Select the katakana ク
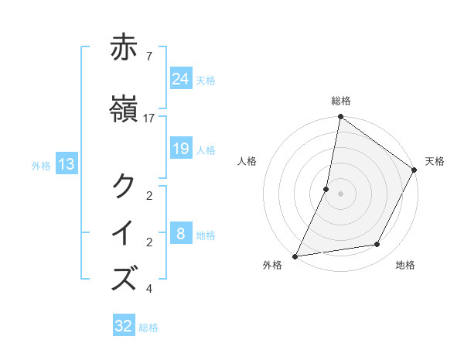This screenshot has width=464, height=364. click(x=125, y=186)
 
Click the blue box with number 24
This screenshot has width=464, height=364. click(x=180, y=79)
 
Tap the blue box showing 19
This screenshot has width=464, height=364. click(x=180, y=149)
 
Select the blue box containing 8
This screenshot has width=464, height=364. click(x=180, y=234)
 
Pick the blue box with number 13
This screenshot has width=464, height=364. click(x=66, y=164)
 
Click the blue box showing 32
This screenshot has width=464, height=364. click(x=124, y=326)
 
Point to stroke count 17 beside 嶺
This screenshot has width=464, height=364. click(x=149, y=118)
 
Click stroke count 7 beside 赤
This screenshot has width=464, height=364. click(x=148, y=56)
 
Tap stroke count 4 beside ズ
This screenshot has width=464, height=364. click(x=148, y=289)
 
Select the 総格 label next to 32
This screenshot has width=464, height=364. click(x=149, y=328)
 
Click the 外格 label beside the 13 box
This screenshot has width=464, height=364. click(x=41, y=165)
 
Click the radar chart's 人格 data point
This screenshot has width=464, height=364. click(x=326, y=189)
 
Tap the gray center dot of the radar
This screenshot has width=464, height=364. click(x=341, y=194)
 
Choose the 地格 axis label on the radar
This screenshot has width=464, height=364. click(x=405, y=265)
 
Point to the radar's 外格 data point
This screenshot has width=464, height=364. click(x=295, y=256)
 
